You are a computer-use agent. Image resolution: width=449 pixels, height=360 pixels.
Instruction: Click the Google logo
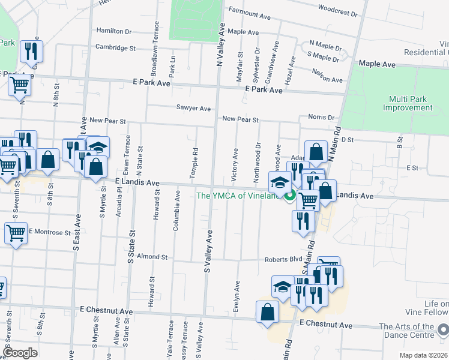click(x=20, y=352)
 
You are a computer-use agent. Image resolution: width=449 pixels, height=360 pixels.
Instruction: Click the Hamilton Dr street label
click(x=113, y=31)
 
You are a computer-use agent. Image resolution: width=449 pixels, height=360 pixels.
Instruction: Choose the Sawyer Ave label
click(x=193, y=109)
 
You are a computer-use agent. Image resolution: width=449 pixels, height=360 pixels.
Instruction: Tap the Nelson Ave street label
click(x=327, y=79)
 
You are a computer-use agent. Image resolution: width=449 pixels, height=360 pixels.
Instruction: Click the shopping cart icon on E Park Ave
click(x=20, y=86)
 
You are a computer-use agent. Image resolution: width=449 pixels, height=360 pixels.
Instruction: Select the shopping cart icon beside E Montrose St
click(x=16, y=233)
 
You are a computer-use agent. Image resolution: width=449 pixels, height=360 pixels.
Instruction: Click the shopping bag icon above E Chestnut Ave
click(x=267, y=312)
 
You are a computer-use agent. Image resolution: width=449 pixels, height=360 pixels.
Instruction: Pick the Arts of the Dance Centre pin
click(x=443, y=329)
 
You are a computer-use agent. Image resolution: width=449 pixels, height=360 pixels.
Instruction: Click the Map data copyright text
click(x=423, y=355)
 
